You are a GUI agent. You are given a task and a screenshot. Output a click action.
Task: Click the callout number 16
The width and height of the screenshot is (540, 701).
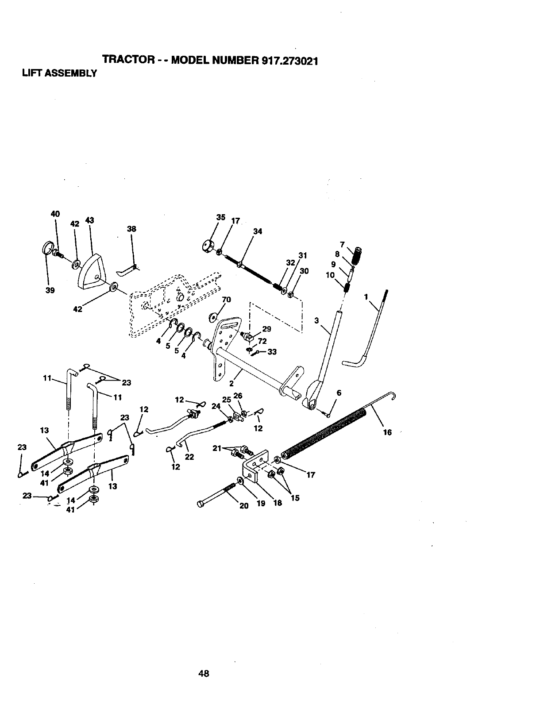[387, 432]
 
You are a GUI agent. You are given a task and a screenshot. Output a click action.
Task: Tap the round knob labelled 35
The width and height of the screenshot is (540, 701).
[207, 246]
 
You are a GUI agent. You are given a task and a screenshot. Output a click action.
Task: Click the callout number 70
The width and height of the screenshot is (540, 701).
[227, 300]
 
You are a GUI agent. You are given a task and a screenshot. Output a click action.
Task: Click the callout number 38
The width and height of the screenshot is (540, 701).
[131, 229]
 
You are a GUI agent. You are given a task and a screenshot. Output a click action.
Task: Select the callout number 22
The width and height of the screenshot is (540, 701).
[189, 457]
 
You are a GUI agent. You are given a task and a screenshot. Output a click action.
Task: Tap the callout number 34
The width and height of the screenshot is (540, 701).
[258, 231]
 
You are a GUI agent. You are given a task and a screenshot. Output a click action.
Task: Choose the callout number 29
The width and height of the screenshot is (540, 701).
[267, 329]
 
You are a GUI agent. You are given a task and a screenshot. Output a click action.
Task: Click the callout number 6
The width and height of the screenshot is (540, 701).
[339, 393]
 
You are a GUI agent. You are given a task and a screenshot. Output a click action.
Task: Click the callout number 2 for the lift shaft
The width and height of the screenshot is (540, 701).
[231, 383]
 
